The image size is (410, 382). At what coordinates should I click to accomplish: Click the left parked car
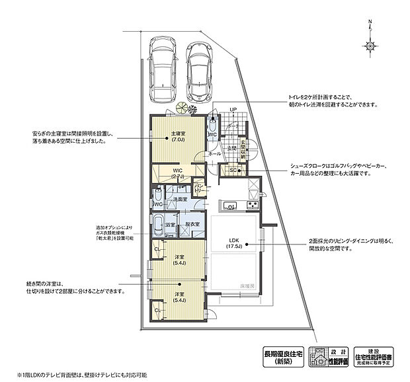(x=161, y=69)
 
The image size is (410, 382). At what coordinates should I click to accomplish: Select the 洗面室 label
(x=179, y=198)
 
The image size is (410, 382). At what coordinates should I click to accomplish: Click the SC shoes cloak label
(x=232, y=169)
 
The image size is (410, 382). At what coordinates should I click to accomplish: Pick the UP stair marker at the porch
(x=233, y=109)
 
